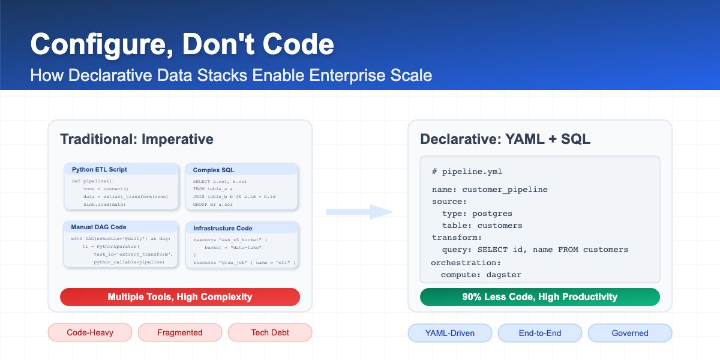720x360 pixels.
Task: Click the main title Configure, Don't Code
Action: pos(182,46)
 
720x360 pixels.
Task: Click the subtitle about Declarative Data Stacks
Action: pos(231,76)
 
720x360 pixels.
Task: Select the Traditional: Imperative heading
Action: pos(136,139)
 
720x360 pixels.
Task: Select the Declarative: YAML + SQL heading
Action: pos(505,139)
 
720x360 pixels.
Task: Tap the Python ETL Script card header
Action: pos(99,169)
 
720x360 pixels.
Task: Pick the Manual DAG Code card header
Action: pos(99,227)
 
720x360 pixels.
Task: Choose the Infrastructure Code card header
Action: pos(223,228)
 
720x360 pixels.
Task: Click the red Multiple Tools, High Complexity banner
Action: pos(180,296)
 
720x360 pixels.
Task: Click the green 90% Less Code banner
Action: pos(539,296)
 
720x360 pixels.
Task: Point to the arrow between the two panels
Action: pos(359,212)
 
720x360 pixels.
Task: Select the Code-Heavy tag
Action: pos(90,332)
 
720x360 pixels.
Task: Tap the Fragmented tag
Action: pos(180,332)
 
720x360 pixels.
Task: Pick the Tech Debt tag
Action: pos(270,332)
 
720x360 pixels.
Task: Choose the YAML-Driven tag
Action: pos(450,332)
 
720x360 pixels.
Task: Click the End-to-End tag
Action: pos(540,332)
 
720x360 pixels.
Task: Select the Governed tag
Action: pos(630,332)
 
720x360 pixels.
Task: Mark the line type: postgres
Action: pos(477,214)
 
